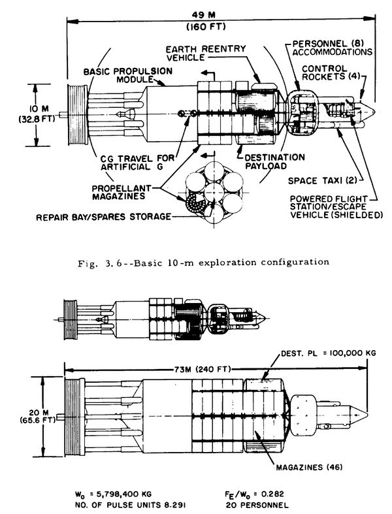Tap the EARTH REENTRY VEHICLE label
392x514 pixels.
pyautogui.click(x=206, y=53)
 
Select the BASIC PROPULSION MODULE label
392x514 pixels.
pyautogui.click(x=128, y=75)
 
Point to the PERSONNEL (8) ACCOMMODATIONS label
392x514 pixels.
pyautogui.click(x=333, y=48)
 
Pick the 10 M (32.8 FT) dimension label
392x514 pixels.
pyautogui.click(x=37, y=114)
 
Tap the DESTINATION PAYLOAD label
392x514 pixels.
pyautogui.click(x=275, y=161)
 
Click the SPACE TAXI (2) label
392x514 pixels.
pyautogui.click(x=321, y=181)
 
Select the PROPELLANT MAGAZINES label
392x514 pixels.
pyautogui.click(x=122, y=193)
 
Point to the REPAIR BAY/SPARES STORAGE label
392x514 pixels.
pyautogui.click(x=103, y=217)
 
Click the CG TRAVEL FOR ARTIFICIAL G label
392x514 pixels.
pyautogui.click(x=137, y=163)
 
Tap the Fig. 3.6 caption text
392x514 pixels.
pyautogui.click(x=203, y=263)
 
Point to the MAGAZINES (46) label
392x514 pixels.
pyautogui.click(x=309, y=467)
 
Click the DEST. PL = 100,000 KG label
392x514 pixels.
pyautogui.click(x=329, y=353)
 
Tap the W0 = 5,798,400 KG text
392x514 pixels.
pyautogui.click(x=114, y=494)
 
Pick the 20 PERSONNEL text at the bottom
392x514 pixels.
pyautogui.click(x=257, y=505)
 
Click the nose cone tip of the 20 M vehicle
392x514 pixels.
pyautogui.click(x=367, y=413)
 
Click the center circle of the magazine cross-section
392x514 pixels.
pyautogui.click(x=214, y=193)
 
